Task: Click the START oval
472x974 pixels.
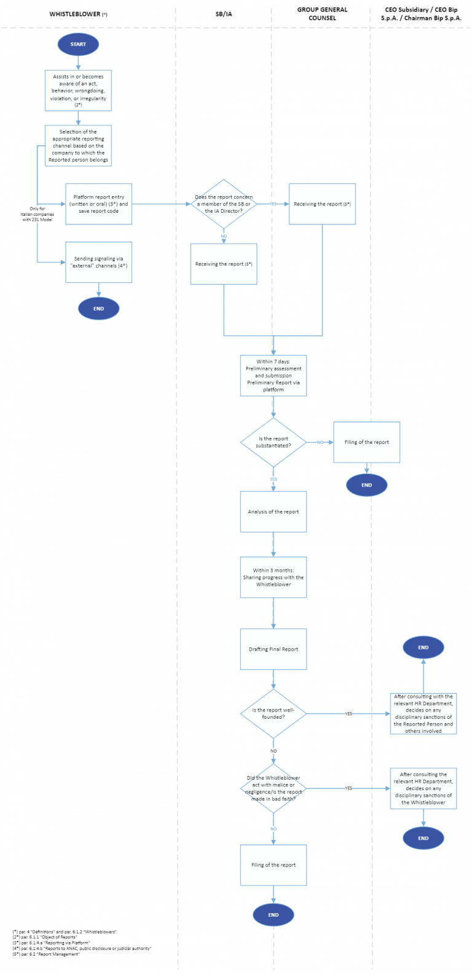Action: point(78,44)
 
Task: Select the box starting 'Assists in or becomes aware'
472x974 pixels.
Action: point(78,90)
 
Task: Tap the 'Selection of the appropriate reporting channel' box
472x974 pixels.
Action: point(78,146)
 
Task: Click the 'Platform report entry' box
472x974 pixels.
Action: point(99,204)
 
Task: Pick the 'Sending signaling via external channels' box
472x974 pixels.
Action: point(99,262)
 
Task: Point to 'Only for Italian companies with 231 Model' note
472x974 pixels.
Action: point(37,214)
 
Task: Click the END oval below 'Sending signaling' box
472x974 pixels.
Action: point(99,309)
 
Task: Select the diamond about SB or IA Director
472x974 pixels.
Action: point(224,204)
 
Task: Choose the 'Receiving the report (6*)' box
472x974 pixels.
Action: point(322,204)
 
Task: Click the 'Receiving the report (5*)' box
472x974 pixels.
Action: point(224,264)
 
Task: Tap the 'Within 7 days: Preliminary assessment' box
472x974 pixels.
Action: point(273,375)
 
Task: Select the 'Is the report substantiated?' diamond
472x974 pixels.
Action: point(273,442)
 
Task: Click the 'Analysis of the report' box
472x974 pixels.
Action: point(273,512)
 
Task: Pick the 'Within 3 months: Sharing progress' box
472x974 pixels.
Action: point(273,577)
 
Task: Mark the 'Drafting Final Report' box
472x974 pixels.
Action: point(273,649)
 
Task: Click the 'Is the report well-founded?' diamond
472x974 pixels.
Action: point(273,713)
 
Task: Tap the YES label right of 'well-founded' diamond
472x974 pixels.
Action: point(348,714)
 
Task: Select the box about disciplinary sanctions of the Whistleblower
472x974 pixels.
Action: point(423,788)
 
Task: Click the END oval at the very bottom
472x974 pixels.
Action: point(273,915)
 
